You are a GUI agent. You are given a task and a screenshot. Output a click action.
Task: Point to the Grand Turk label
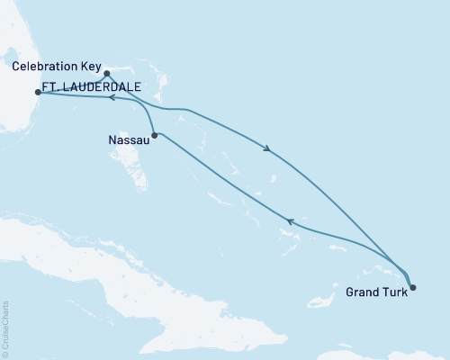coord(374,292)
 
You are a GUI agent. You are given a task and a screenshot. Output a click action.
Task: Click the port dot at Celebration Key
coord(106,74)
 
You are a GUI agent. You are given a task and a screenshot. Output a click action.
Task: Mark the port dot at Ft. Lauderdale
coord(37,92)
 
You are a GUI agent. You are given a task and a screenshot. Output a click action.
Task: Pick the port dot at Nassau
coord(156,136)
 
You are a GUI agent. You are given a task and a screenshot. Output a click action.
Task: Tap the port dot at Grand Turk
coord(413,288)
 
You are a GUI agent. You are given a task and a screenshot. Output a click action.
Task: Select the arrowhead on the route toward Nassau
coord(289,220)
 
